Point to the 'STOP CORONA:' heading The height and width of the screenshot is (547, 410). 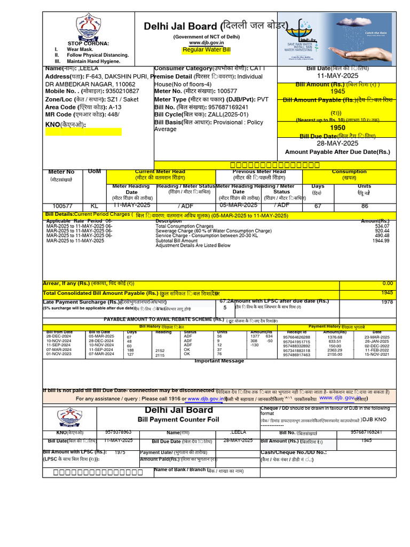click(88, 43)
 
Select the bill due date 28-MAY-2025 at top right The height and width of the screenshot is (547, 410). click(337, 144)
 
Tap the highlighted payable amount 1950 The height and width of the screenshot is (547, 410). click(337, 128)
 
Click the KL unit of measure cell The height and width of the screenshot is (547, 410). click(94, 206)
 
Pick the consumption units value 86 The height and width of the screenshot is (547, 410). click(365, 206)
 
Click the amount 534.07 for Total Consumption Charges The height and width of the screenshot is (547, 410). click(382, 226)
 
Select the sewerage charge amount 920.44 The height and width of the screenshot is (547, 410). click(382, 231)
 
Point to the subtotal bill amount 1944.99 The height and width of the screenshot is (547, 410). click(381, 241)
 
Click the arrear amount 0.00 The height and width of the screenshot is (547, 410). click(388, 283)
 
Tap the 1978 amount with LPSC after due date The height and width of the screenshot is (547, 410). click(387, 302)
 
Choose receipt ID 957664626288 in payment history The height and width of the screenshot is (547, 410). click(296, 337)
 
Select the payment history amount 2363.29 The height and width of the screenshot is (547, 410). click(335, 350)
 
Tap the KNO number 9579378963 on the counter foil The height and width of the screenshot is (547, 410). click(119, 432)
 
